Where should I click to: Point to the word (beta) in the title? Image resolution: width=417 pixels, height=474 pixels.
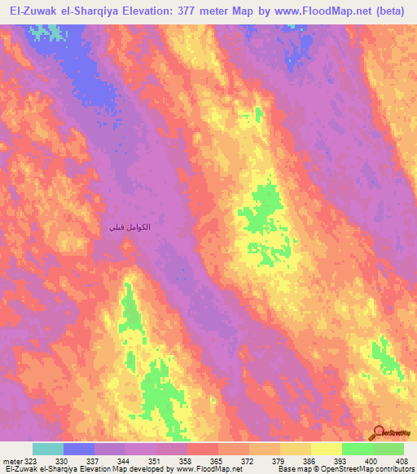tap(393, 12)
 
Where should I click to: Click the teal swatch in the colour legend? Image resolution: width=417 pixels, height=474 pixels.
tap(48, 449)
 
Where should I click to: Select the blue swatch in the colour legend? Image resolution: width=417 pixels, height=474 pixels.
tap(79, 449)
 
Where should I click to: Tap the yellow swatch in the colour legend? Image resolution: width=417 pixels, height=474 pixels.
tap(326, 449)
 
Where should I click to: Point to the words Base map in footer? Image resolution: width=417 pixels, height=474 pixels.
tap(292, 469)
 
